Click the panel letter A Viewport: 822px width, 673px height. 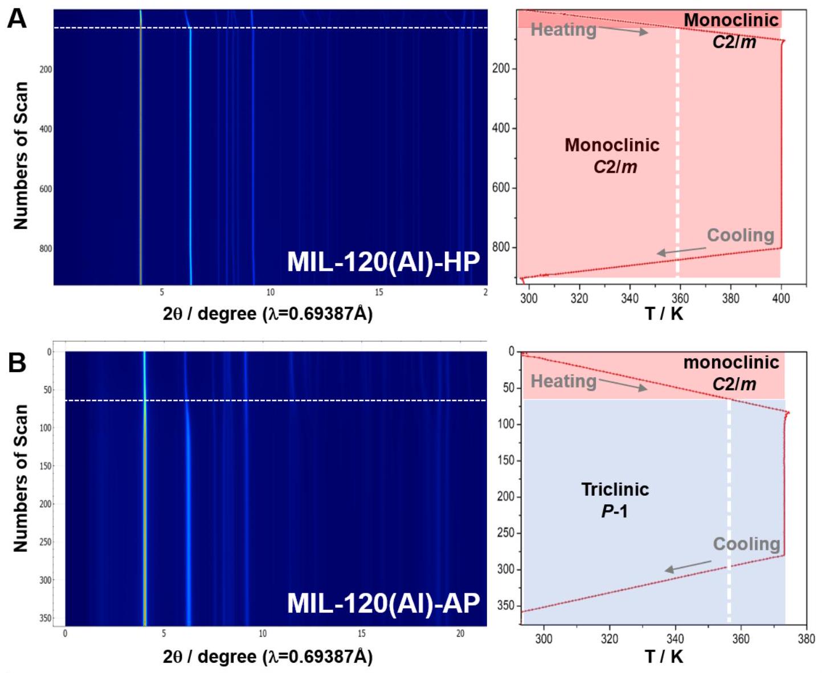point(17,19)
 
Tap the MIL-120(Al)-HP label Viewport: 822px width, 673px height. point(383,262)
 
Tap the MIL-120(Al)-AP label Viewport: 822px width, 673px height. point(383,603)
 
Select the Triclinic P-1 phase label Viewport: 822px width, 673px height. point(615,500)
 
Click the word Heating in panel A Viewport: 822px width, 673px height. point(563,30)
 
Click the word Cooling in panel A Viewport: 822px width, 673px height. point(740,235)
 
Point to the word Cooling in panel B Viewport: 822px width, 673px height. point(746,544)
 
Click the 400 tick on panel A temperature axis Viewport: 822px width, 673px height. point(780,298)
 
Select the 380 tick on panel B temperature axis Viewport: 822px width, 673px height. point(806,639)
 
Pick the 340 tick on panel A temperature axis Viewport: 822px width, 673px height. point(629,298)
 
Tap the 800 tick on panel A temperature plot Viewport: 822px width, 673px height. point(501,247)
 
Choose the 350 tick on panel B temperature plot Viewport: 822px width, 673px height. point(505,605)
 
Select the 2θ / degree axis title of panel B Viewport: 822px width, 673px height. point(268,656)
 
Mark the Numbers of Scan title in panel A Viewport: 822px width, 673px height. point(21,155)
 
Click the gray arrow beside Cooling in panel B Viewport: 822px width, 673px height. point(688,566)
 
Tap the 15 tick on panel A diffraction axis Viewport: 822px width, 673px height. point(379,292)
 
